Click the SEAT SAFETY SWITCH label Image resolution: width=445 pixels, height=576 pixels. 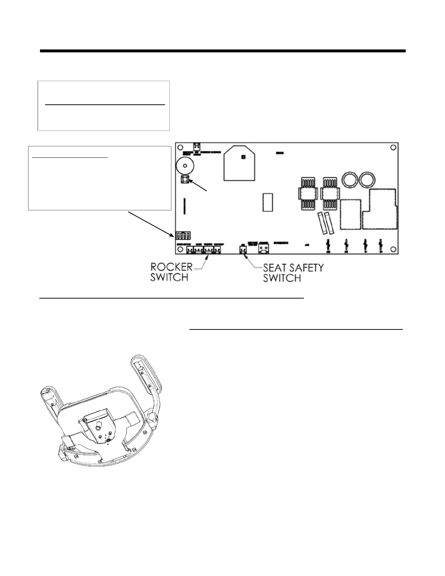pyautogui.click(x=293, y=273)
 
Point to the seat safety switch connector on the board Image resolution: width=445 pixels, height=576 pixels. pyautogui.click(x=242, y=249)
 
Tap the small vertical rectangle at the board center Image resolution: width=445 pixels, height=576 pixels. pyautogui.click(x=268, y=202)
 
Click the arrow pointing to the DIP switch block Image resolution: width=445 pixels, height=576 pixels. pyautogui.click(x=151, y=223)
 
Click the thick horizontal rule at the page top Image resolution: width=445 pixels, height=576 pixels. pyautogui.click(x=222, y=51)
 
